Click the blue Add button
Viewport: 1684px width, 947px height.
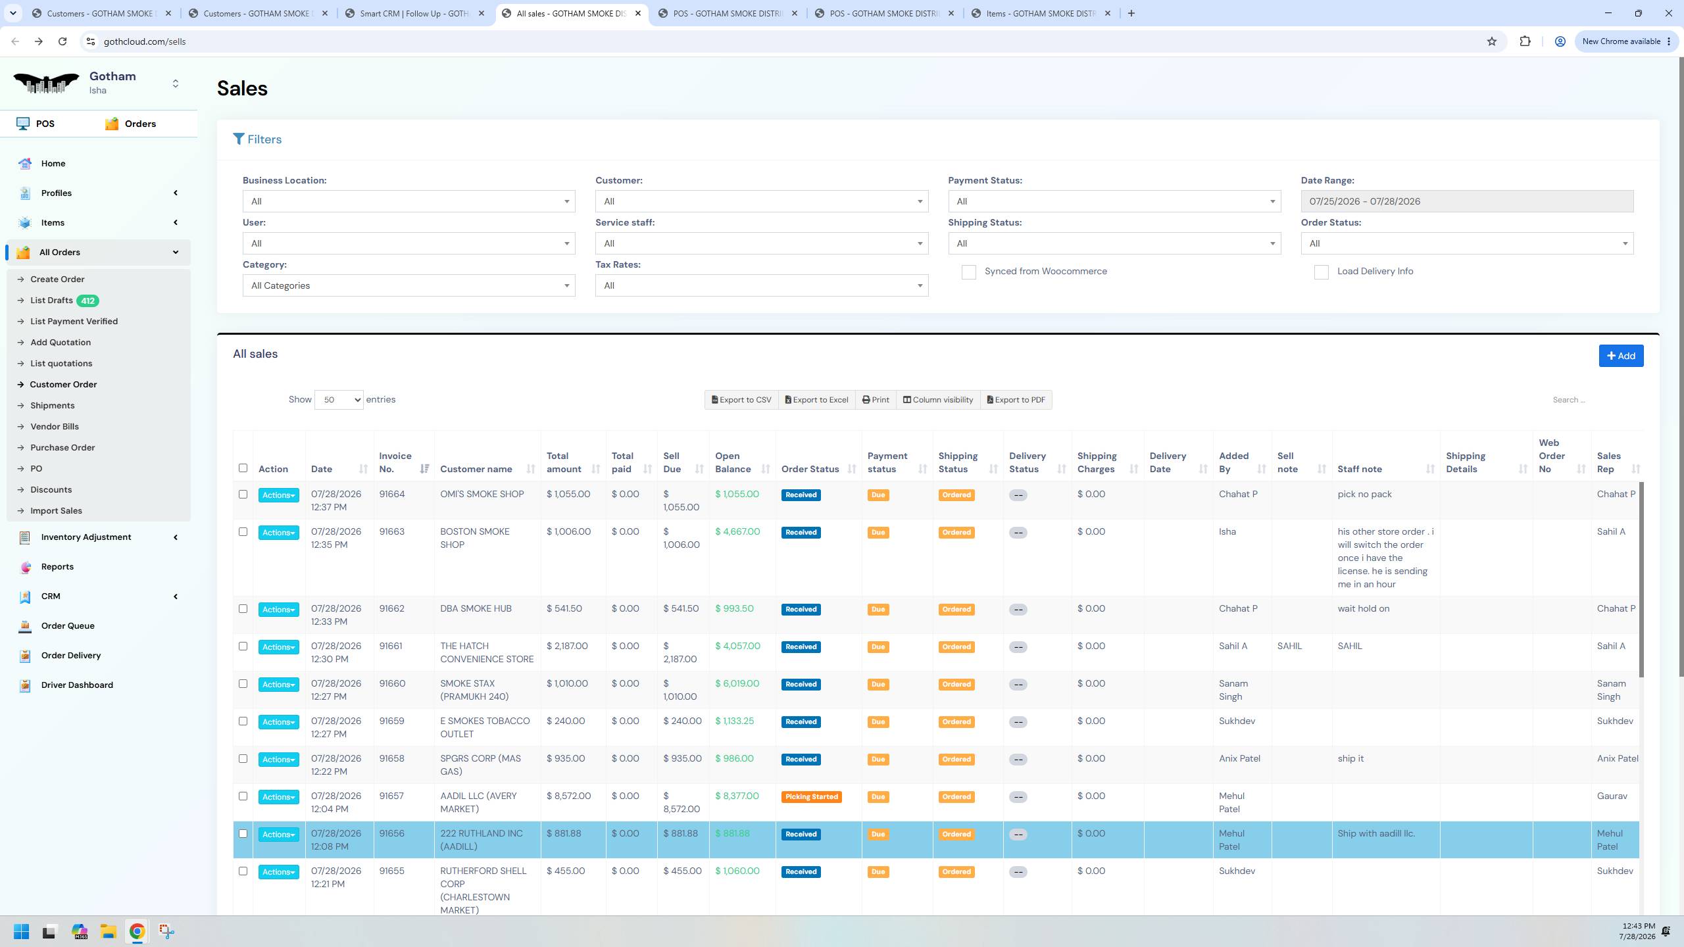(1621, 356)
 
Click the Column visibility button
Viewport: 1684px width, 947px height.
(937, 400)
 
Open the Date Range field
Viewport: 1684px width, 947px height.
(1467, 201)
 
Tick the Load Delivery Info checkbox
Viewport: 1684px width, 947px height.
(1321, 272)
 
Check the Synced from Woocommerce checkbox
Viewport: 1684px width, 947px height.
(968, 272)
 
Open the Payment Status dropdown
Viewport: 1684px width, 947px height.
(1114, 201)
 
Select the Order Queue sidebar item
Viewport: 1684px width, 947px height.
(68, 625)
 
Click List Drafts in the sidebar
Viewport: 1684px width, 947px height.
(51, 301)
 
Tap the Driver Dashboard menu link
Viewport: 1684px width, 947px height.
(77, 685)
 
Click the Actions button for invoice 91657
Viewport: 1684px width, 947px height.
(278, 797)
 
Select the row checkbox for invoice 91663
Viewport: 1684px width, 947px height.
(243, 532)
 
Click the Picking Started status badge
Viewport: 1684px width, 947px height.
(811, 797)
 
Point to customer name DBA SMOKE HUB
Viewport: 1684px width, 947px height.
(476, 609)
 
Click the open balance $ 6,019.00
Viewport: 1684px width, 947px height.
(737, 684)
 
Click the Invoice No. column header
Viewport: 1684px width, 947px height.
(395, 462)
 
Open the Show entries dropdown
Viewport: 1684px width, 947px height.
(339, 400)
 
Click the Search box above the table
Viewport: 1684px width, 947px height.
(1592, 400)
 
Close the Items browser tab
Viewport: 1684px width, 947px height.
(1108, 13)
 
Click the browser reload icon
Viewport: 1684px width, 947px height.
(62, 41)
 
